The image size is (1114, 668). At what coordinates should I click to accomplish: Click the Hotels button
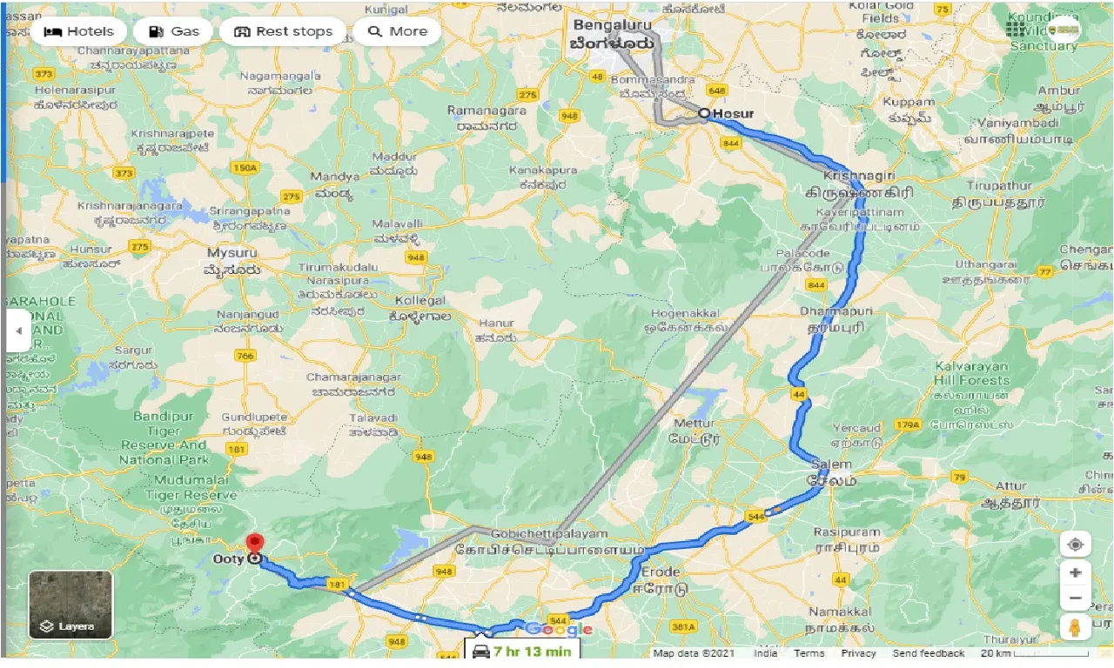click(78, 31)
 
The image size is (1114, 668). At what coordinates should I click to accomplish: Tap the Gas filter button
click(174, 31)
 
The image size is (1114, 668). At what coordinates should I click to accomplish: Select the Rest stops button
click(283, 31)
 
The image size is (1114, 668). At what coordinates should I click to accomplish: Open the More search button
click(397, 31)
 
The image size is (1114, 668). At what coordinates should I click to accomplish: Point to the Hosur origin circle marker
click(704, 113)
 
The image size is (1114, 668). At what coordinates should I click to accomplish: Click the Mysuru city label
click(232, 252)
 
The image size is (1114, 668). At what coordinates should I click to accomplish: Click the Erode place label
click(660, 572)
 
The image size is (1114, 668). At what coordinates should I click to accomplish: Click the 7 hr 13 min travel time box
click(520, 651)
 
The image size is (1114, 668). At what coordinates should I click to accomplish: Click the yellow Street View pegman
click(1076, 628)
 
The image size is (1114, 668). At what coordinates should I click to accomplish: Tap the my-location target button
click(1076, 544)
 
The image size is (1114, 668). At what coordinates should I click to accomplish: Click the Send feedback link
click(928, 653)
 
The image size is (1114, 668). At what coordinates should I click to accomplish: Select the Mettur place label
click(694, 424)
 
